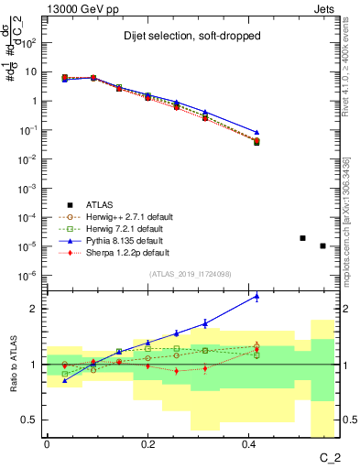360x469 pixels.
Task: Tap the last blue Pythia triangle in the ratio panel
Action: click(256, 296)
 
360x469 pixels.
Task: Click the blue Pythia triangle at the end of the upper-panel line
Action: click(256, 133)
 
